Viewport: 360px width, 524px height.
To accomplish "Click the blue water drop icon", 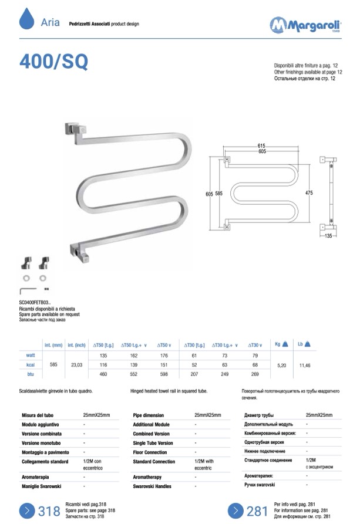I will (x=27, y=19).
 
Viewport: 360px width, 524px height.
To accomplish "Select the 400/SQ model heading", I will (x=54, y=62).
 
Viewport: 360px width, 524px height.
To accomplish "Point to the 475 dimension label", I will (x=309, y=193).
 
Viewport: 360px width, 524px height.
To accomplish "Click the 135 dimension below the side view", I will (x=329, y=235).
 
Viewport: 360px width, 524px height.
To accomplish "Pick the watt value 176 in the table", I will (x=164, y=355).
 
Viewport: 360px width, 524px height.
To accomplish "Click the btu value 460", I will (x=103, y=374).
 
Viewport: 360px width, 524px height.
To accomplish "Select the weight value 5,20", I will (x=282, y=364).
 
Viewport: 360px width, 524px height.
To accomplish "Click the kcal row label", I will (x=31, y=364).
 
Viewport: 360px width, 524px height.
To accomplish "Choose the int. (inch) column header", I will (x=77, y=345).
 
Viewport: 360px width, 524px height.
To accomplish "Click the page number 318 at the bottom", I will (x=49, y=511).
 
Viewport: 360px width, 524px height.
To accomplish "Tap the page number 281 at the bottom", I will (x=257, y=511).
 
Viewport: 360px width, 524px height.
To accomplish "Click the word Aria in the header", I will (x=51, y=22).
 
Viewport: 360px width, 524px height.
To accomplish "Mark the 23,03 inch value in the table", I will (x=77, y=364).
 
